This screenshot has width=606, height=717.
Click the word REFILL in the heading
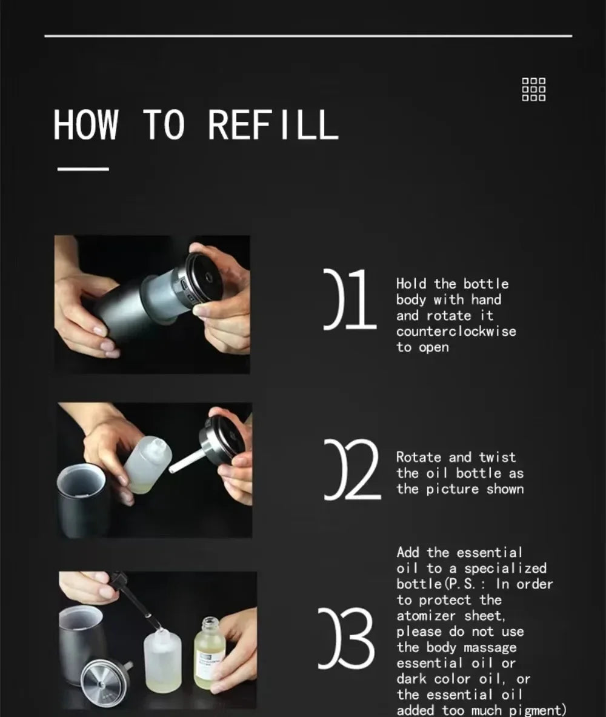point(273,124)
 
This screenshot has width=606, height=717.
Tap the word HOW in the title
point(85,124)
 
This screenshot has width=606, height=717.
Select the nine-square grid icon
point(534,89)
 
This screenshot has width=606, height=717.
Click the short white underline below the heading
point(83,168)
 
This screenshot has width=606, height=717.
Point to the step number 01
point(350,299)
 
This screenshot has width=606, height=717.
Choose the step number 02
point(352,470)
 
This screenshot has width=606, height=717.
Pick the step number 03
point(346,638)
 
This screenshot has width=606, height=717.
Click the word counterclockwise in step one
point(456,331)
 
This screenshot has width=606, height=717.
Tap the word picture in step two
point(452,489)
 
